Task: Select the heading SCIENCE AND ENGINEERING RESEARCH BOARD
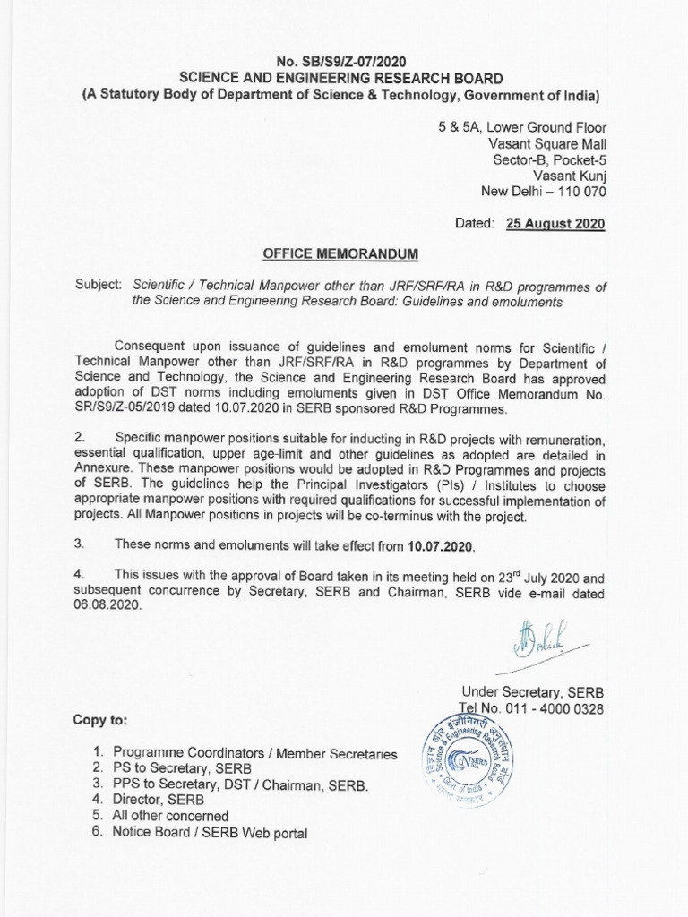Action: click(x=342, y=78)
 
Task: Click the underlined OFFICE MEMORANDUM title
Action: click(x=341, y=254)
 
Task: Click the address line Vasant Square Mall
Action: click(x=546, y=143)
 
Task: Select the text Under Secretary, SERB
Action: click(x=532, y=692)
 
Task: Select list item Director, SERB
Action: click(x=158, y=801)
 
